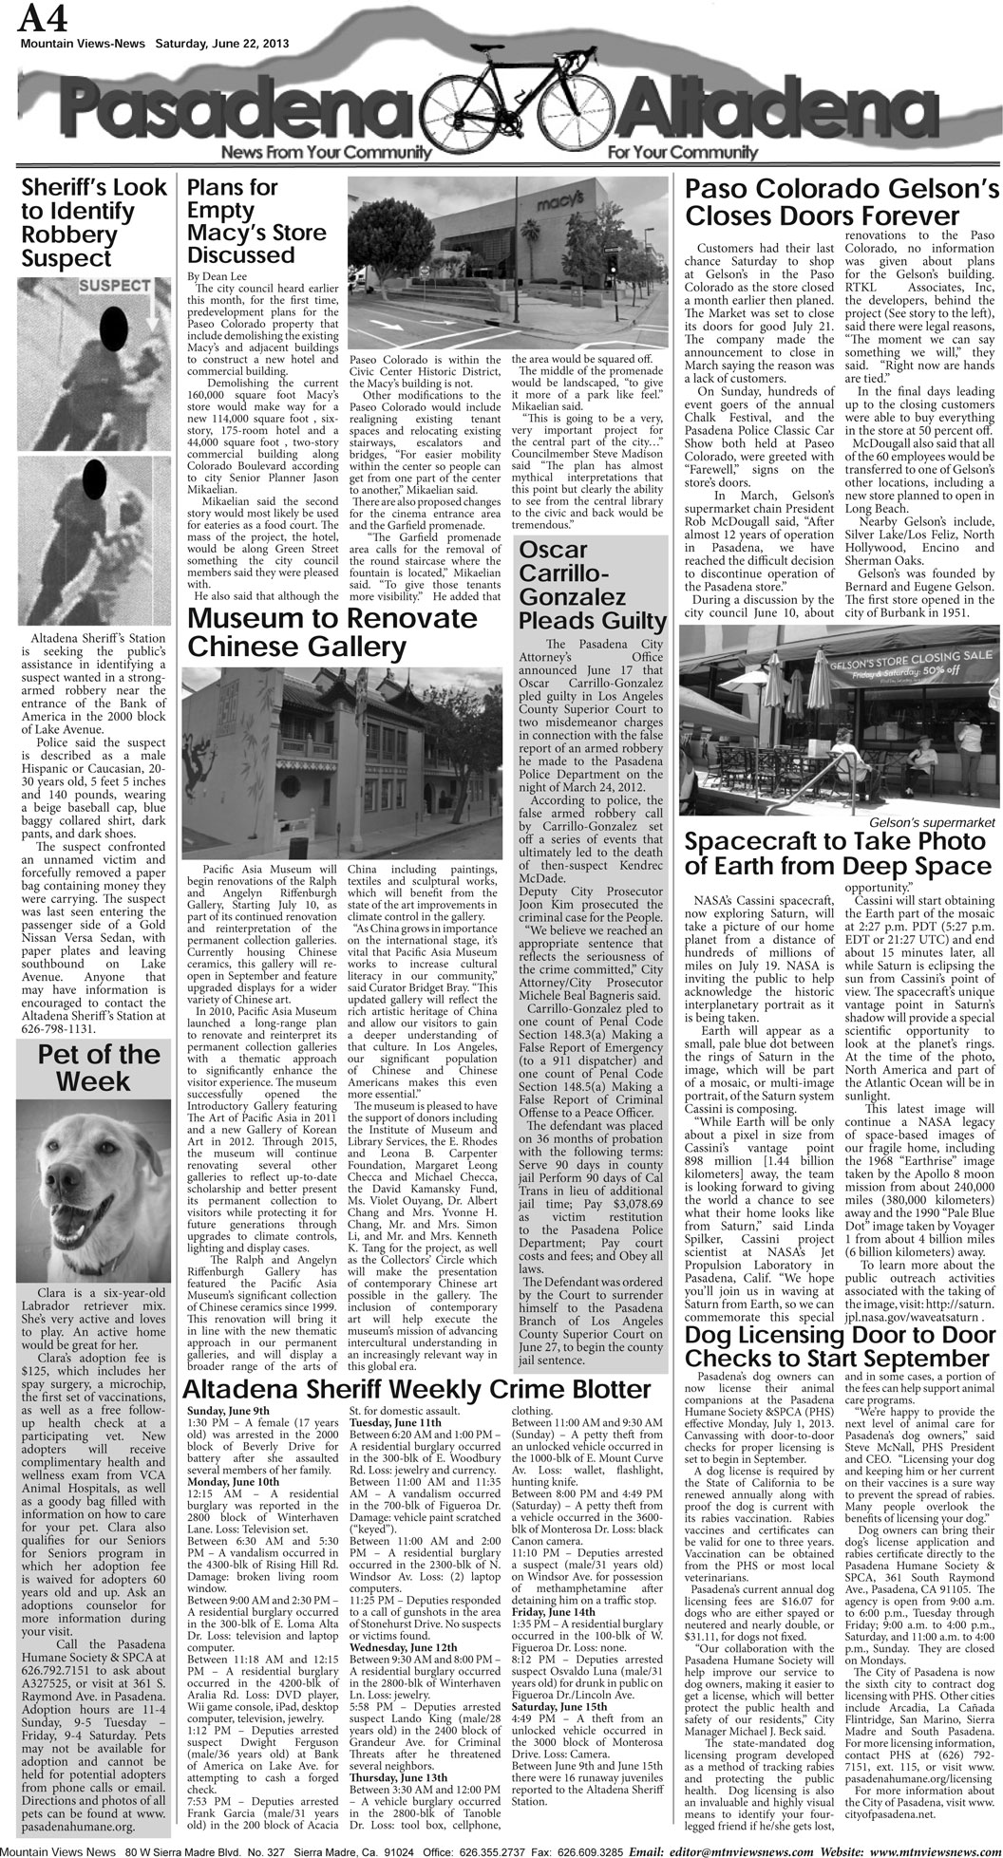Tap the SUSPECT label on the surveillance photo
[114, 285]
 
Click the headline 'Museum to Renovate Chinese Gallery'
[332, 632]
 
